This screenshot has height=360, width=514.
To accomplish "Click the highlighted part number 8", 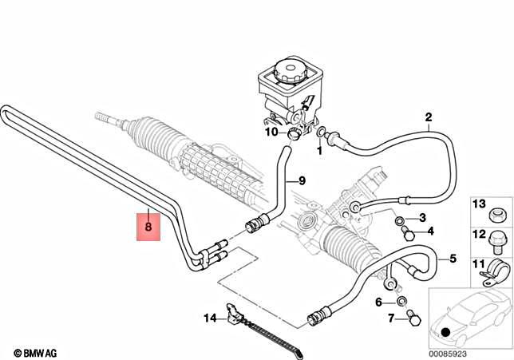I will pyautogui.click(x=148, y=227).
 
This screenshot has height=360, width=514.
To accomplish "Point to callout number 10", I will pyautogui.click(x=272, y=132).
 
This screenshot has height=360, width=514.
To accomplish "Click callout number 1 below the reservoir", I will pyautogui.click(x=319, y=149).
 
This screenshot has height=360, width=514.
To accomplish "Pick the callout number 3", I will pyautogui.click(x=422, y=218).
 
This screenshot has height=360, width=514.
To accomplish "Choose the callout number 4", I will pyautogui.click(x=430, y=232).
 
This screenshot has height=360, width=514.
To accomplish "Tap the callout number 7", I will pyautogui.click(x=391, y=318).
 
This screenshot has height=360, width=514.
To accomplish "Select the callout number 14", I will pyautogui.click(x=209, y=318).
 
